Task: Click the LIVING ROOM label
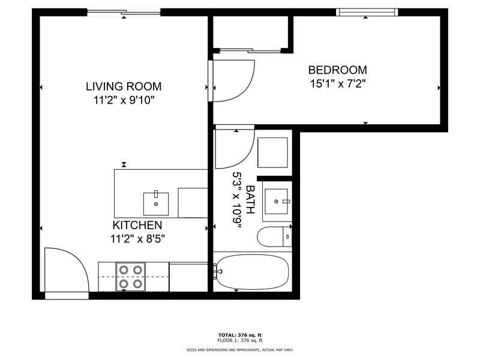click(124, 86)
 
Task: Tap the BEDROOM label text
click(337, 70)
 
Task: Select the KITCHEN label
click(137, 225)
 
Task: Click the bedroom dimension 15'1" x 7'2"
click(338, 83)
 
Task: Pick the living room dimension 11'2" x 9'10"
click(124, 100)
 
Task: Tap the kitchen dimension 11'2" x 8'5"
click(137, 239)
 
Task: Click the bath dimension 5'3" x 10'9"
click(236, 200)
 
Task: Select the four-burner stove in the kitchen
click(130, 277)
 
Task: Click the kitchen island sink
click(156, 203)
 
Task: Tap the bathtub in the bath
click(252, 272)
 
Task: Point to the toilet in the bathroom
click(274, 236)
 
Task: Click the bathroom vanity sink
click(277, 201)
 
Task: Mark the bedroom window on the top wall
click(367, 12)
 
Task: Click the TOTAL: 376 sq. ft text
click(240, 335)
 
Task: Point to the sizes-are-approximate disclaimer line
click(240, 350)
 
